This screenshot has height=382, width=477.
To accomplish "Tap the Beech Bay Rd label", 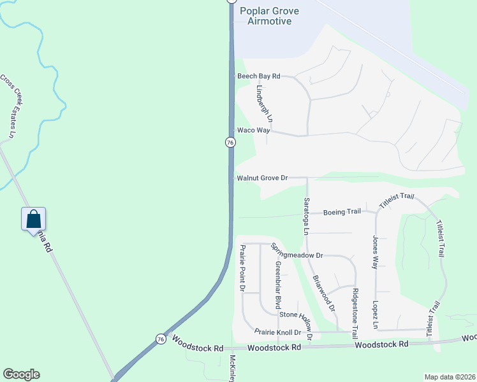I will click(x=259, y=76).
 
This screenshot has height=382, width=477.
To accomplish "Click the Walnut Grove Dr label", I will click(x=262, y=178).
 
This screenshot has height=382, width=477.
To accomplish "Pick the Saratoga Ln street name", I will click(x=306, y=216).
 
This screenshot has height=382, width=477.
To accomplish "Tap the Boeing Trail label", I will click(x=342, y=211).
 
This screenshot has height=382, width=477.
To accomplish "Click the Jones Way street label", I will click(x=376, y=252).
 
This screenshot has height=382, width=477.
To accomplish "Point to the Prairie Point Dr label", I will click(x=242, y=268).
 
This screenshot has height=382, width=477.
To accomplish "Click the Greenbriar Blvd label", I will click(x=277, y=285).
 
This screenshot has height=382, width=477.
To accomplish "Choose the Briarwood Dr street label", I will click(x=325, y=294).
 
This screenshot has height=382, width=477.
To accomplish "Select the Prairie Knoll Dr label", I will click(x=278, y=332).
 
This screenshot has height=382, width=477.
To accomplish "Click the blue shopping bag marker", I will click(x=33, y=220).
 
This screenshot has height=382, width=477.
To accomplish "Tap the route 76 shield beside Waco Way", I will click(x=230, y=143).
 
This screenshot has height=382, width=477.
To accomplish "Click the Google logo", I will click(x=21, y=374).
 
